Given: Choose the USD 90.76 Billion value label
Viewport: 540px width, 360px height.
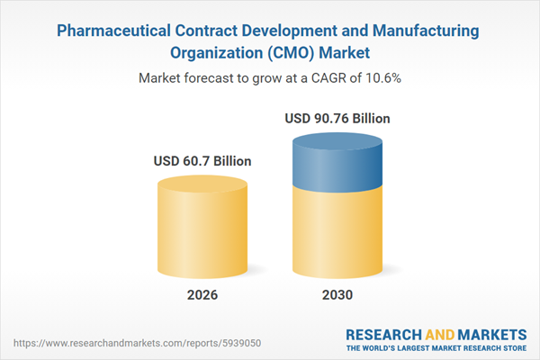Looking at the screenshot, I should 339,118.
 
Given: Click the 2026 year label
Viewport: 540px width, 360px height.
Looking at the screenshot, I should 202,295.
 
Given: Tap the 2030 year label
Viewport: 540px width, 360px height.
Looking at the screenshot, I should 337,295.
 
